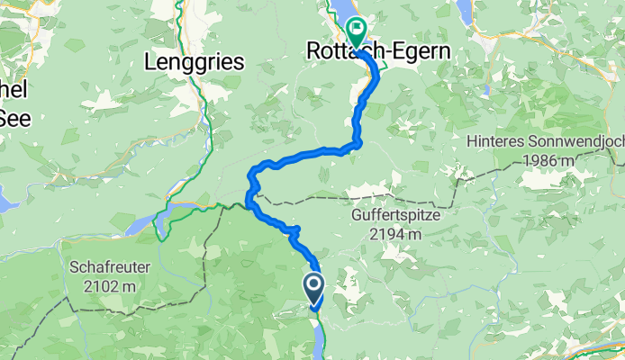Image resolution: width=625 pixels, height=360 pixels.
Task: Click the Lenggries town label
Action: click(195, 62)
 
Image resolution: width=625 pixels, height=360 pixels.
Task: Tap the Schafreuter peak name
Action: click(104, 267)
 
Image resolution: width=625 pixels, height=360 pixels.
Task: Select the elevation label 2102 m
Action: click(104, 286)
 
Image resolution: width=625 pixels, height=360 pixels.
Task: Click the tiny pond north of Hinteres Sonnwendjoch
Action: click(486, 89)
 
